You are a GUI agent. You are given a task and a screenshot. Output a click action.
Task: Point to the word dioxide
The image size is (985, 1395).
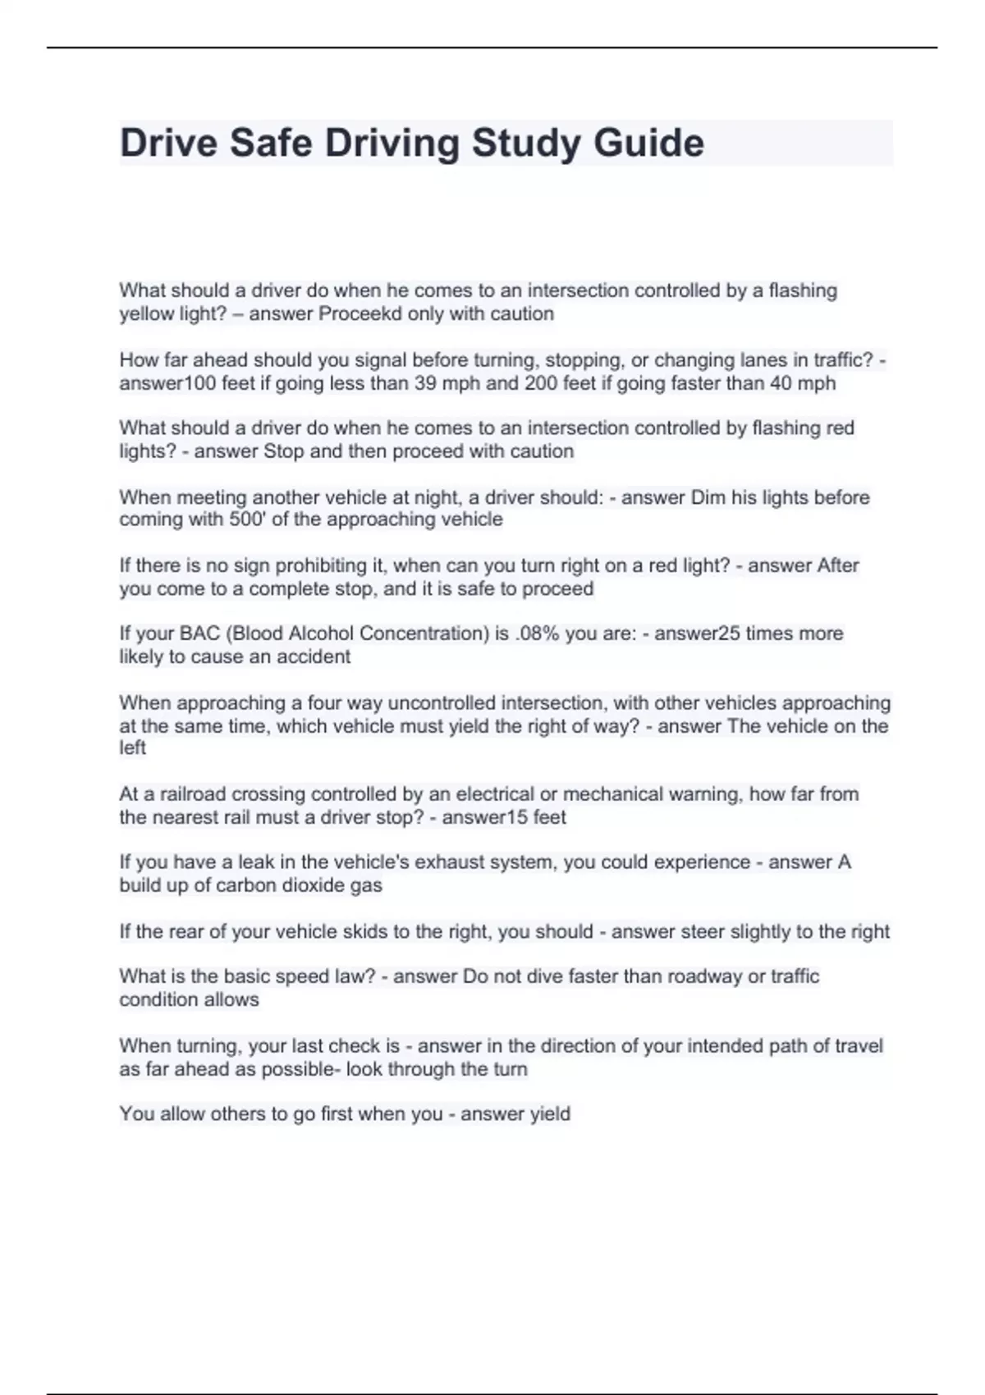(x=315, y=885)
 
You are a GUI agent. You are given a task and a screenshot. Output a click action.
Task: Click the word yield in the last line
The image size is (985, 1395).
(x=549, y=1114)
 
